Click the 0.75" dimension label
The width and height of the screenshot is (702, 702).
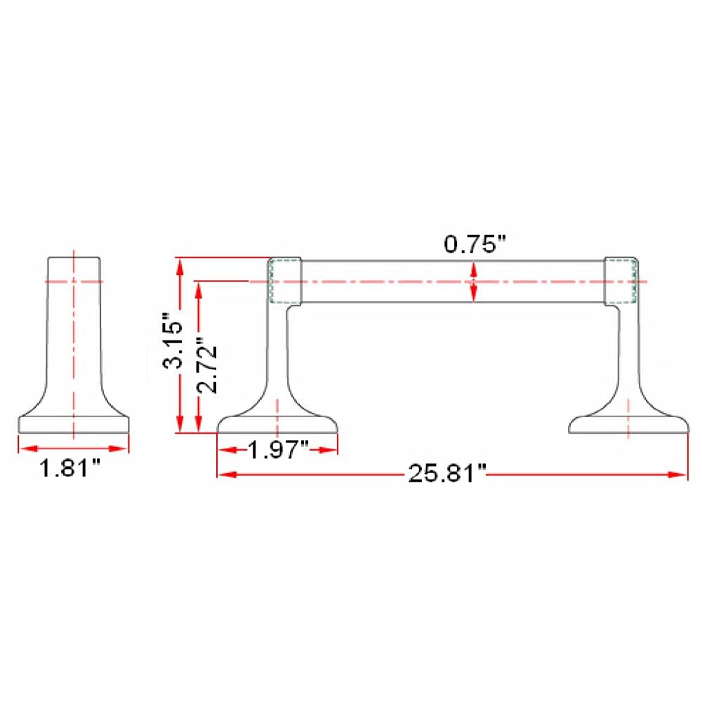click(475, 244)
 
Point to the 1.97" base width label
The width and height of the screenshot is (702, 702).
click(278, 449)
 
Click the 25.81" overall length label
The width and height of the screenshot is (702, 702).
click(446, 473)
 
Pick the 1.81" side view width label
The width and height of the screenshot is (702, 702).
click(69, 469)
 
